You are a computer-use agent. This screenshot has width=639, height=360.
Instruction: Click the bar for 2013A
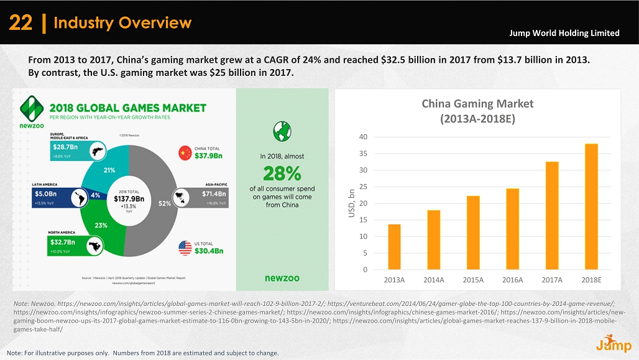tap(394, 247)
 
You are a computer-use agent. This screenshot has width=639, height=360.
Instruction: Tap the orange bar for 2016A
tap(512, 229)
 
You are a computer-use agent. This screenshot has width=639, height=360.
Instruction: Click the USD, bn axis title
tap(351, 203)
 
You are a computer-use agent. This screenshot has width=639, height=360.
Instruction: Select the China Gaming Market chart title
tap(477, 111)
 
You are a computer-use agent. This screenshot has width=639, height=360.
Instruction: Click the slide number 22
tap(21, 24)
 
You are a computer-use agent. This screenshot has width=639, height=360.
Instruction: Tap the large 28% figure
tap(282, 172)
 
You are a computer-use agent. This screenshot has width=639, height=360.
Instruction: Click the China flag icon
tap(185, 152)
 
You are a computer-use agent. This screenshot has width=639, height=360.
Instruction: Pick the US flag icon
tap(185, 247)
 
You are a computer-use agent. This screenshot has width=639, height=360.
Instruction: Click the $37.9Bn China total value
tap(209, 156)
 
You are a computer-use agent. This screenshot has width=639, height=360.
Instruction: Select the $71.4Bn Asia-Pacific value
tap(214, 193)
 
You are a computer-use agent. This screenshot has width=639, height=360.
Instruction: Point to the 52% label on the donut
tap(165, 203)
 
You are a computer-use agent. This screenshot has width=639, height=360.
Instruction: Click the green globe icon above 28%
tap(282, 131)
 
